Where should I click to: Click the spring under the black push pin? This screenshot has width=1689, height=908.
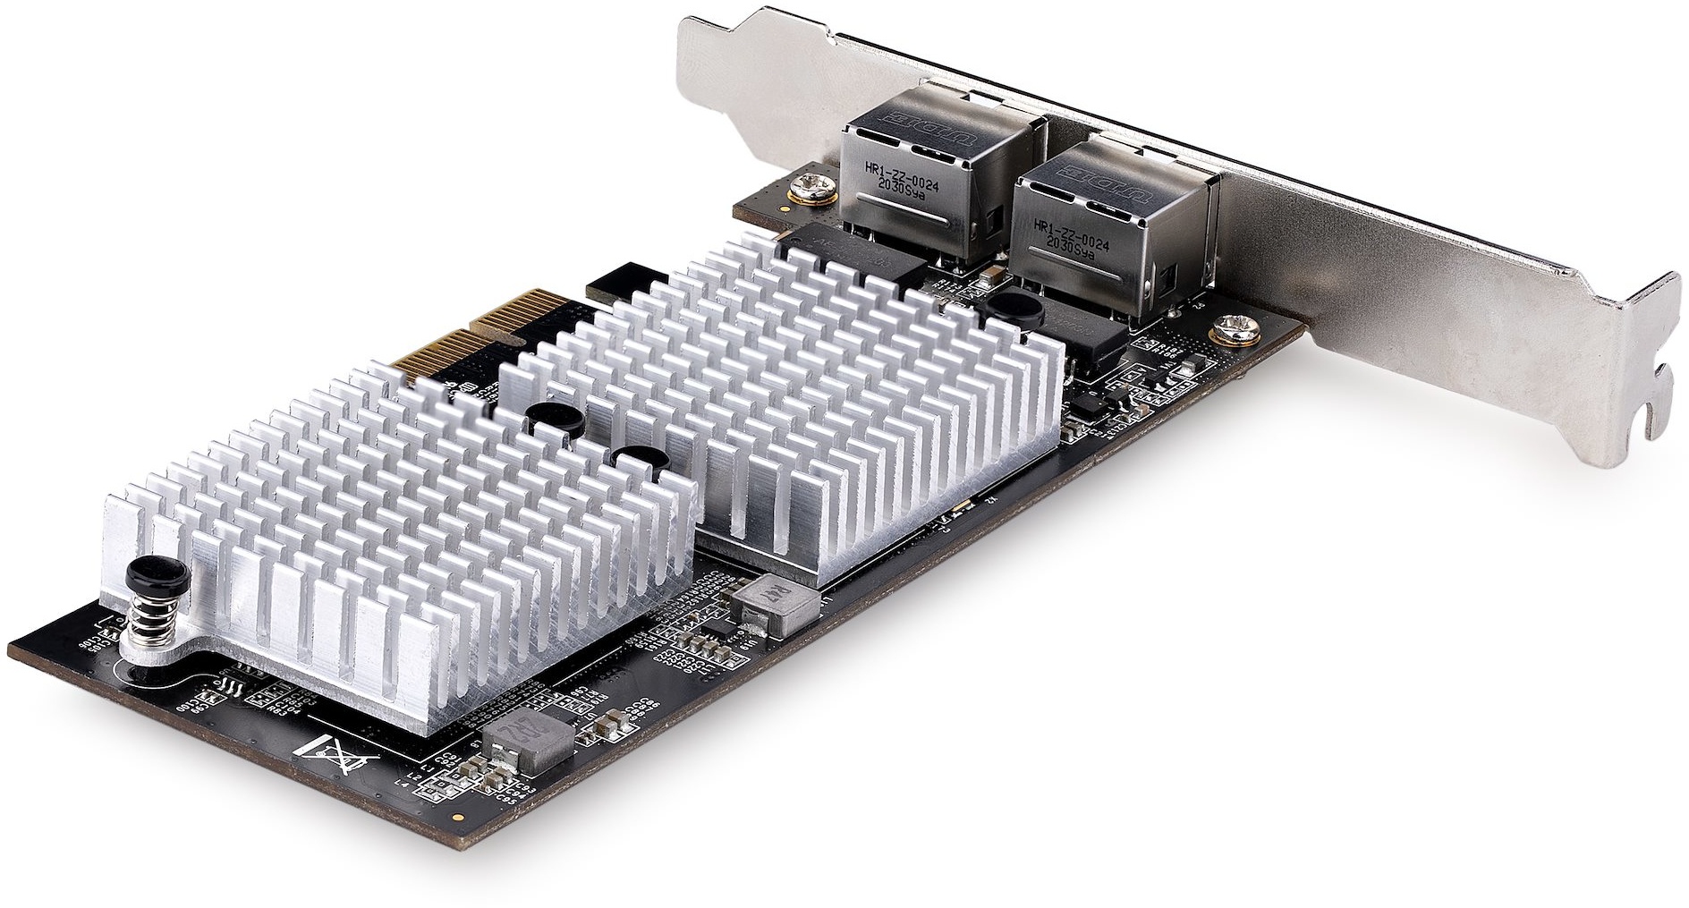(x=153, y=616)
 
